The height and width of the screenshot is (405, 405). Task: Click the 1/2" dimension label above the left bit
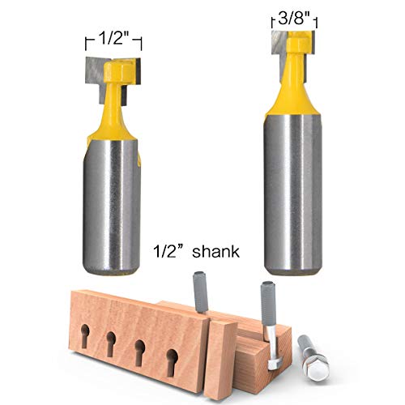click(113, 39)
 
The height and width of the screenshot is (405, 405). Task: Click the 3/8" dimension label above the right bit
click(293, 19)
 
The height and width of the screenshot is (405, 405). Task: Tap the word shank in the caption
click(215, 252)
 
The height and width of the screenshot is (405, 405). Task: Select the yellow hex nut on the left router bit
click(119, 71)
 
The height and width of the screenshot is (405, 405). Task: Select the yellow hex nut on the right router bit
click(297, 43)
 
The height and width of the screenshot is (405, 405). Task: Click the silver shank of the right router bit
click(293, 194)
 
